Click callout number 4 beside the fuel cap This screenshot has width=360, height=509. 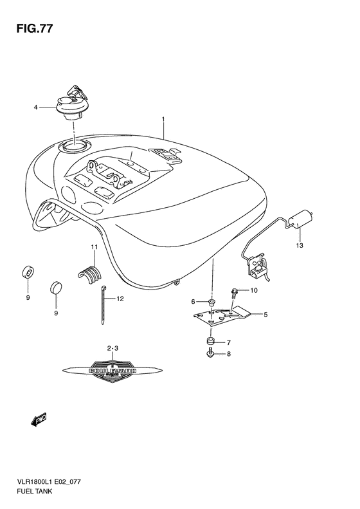36,107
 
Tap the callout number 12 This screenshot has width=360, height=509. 120,299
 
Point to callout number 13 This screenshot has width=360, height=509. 299,245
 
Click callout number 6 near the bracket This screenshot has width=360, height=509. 193,301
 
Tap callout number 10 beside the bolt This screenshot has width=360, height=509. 253,290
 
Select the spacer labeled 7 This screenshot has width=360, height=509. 210,341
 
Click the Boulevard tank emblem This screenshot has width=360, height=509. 113,370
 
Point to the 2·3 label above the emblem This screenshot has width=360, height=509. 113,348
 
